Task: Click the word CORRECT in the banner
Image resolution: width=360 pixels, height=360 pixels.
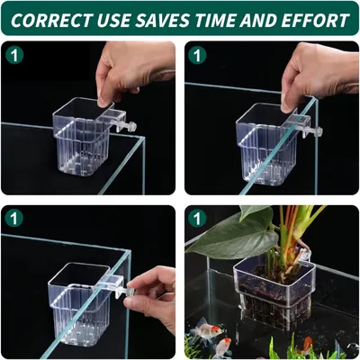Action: tap(50, 20)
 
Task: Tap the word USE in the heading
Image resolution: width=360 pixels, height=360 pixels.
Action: tap(113, 20)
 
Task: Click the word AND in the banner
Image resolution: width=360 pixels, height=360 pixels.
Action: tap(257, 20)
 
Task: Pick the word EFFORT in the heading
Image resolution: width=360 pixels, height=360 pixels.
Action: tap(315, 20)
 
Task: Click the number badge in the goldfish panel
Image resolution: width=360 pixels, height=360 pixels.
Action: tap(197, 218)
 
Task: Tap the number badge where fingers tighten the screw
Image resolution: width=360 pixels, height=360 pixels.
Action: tap(14, 218)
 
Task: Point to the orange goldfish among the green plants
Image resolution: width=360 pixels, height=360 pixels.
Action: tap(307, 343)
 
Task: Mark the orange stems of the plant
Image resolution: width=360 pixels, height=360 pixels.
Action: tap(290, 237)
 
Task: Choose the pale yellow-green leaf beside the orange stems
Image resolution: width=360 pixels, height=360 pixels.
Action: tap(309, 219)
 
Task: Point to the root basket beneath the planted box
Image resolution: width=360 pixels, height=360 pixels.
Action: tap(272, 312)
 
